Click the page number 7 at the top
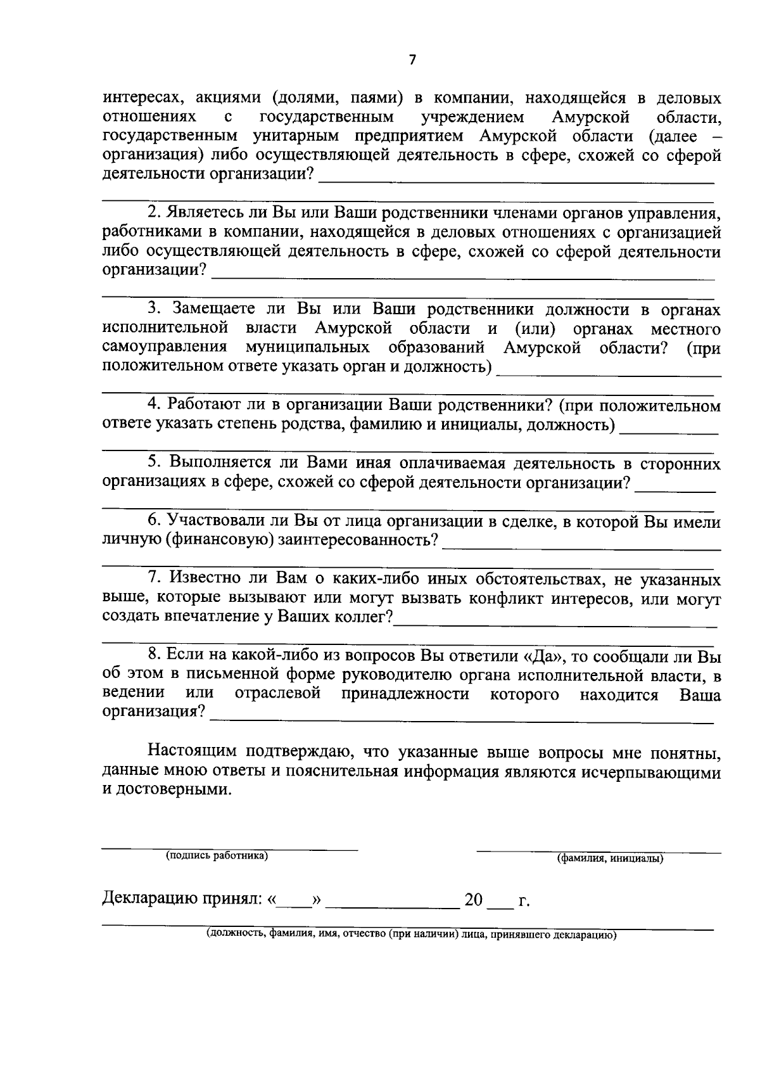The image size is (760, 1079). point(412,60)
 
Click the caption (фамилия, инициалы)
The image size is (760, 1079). point(610,859)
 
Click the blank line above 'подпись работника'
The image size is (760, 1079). point(230,849)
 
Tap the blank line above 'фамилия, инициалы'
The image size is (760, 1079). point(598,851)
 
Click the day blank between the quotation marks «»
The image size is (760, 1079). point(294,902)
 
